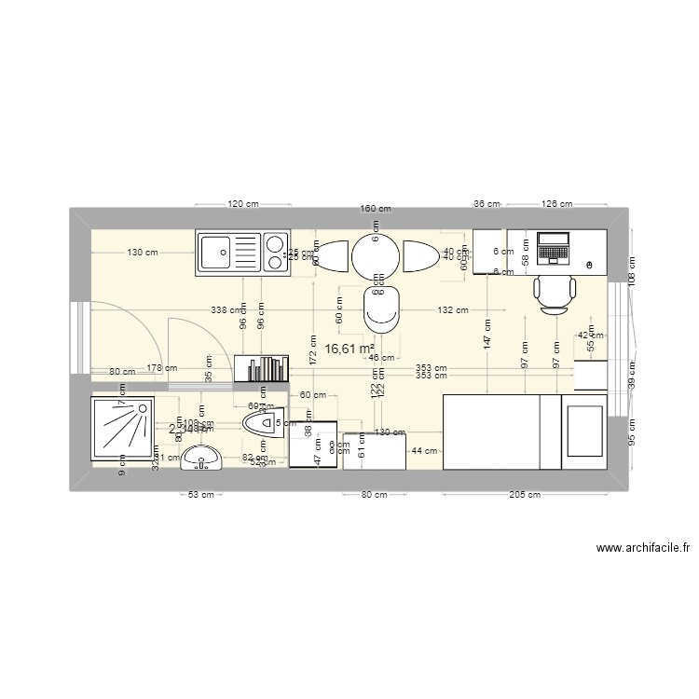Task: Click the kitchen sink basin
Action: coord(216,252)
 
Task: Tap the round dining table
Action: coord(375,253)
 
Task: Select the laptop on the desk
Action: coord(554,248)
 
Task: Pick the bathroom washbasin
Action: coord(200,457)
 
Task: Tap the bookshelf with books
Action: coord(261,368)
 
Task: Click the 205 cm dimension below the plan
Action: coord(524,495)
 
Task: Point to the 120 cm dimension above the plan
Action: coord(242,204)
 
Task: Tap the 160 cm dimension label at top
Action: coord(375,209)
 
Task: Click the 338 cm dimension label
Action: coord(226,310)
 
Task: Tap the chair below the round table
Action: coord(380,308)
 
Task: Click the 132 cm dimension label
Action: coord(452,310)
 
